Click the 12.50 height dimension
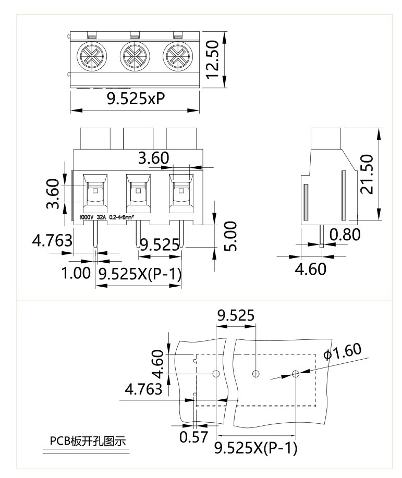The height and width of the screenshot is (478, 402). click(213, 59)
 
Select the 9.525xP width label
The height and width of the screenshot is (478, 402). click(136, 98)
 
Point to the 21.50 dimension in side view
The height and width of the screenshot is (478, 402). click(367, 174)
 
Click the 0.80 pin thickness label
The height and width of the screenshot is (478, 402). click(345, 235)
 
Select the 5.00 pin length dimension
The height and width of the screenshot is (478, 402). click(230, 236)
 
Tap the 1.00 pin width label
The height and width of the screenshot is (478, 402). click(76, 273)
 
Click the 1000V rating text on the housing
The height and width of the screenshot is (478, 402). click(87, 217)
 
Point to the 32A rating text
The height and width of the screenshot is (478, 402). click(101, 217)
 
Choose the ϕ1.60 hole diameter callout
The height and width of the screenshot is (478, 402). click(343, 351)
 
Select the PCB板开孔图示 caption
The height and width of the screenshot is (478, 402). click(88, 441)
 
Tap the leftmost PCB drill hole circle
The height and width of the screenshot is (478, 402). click(216, 373)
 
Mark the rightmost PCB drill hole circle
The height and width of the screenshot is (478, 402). click(295, 373)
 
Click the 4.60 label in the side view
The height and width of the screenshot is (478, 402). click(311, 269)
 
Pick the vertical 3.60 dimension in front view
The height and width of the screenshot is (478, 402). click(53, 193)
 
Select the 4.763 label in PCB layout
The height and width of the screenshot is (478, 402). click(144, 389)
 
